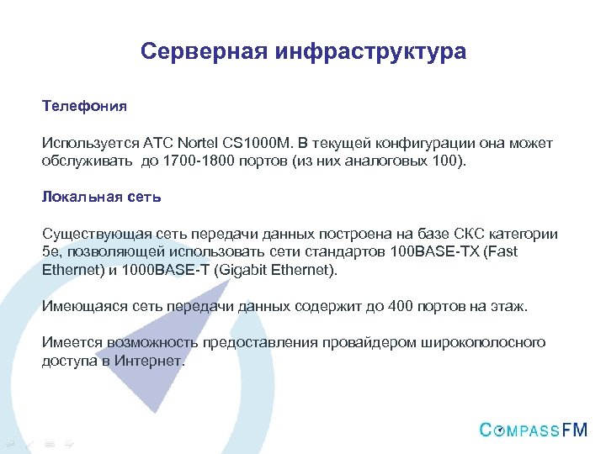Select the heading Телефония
pyautogui.click(x=84, y=107)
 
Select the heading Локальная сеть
pyautogui.click(x=101, y=197)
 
